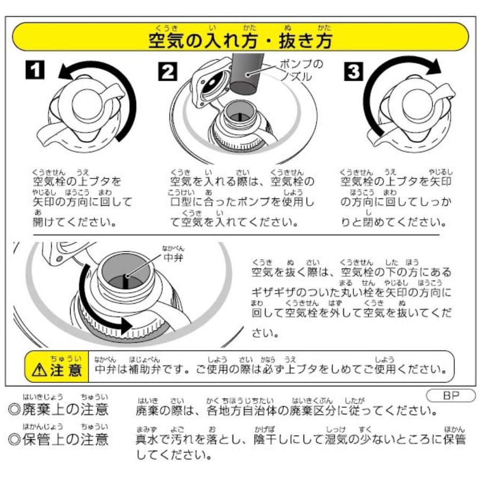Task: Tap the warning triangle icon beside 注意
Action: (40, 369)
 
